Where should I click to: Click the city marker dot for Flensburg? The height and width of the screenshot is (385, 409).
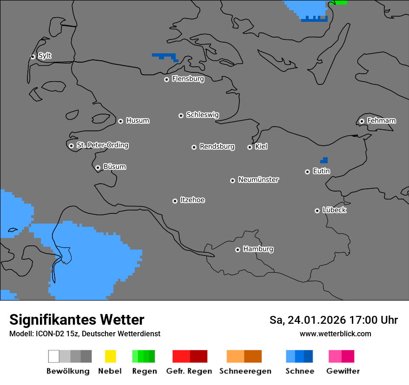tap(166, 79)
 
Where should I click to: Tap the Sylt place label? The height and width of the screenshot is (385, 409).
tap(45, 56)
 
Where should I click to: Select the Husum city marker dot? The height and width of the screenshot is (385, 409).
tap(120, 121)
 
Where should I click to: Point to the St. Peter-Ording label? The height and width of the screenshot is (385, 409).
tap(102, 145)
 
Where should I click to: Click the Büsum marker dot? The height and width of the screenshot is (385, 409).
tap(98, 167)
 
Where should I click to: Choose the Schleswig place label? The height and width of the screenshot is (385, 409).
tap(202, 115)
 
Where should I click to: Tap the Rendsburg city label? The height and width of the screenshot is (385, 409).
tap(217, 147)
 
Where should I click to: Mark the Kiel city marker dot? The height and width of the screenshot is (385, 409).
tap(250, 147)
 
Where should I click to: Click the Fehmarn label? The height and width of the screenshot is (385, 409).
tap(381, 121)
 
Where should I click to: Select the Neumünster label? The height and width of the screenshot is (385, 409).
tap(258, 180)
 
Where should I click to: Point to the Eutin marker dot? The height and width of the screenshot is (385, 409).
tap(307, 172)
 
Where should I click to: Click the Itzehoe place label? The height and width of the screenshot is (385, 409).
tap(192, 200)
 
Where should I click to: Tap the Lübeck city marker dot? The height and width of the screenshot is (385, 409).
tap(317, 211)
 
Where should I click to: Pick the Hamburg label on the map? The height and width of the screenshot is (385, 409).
tap(258, 249)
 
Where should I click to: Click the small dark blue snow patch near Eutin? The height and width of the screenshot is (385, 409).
tap(324, 160)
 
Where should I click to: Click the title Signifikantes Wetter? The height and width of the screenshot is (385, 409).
tap(77, 320)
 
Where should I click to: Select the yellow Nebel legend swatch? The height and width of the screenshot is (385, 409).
tap(110, 356)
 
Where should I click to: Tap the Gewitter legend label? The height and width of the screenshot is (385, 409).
tap(343, 371)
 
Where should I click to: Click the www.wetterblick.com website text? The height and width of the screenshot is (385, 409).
tap(336, 334)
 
